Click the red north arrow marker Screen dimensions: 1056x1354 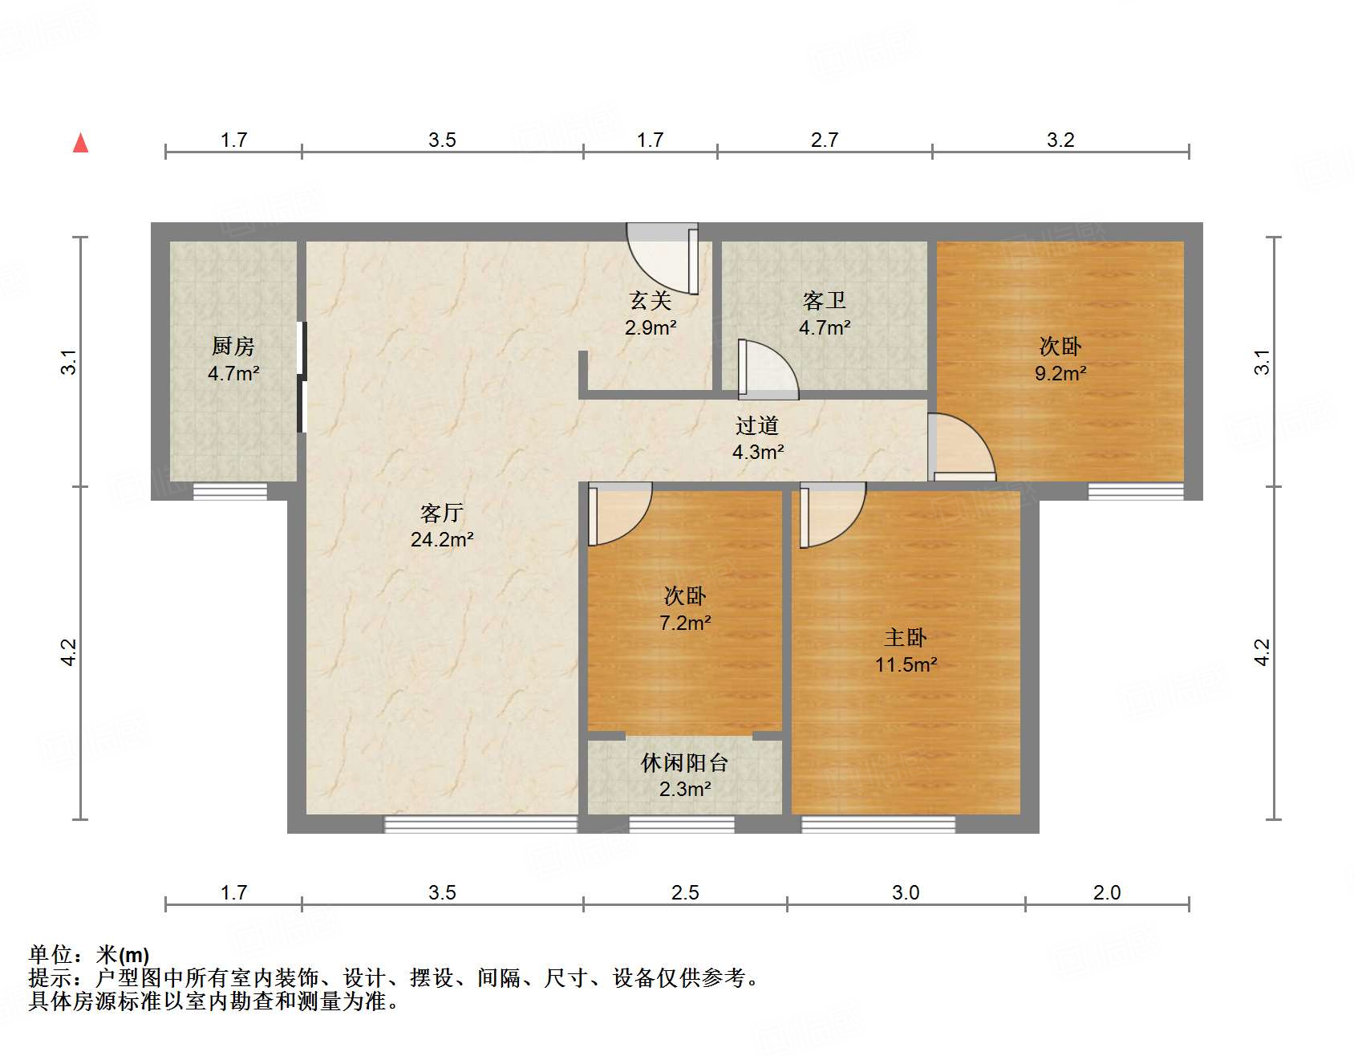pyautogui.click(x=81, y=143)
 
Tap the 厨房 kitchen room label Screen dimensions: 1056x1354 pyautogui.click(x=233, y=346)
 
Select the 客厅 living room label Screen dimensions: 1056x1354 pyautogui.click(x=442, y=512)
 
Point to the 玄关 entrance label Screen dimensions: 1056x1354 pyautogui.click(x=651, y=300)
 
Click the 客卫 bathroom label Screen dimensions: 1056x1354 pyautogui.click(x=825, y=300)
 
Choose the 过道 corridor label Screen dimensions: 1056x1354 pyautogui.click(x=757, y=425)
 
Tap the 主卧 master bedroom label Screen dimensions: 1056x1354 pyautogui.click(x=906, y=637)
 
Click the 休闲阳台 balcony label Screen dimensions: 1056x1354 pyautogui.click(x=684, y=762)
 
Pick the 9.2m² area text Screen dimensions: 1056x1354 pyautogui.click(x=1060, y=373)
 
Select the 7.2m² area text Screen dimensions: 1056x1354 pyautogui.click(x=685, y=623)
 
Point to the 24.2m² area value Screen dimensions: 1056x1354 pyautogui.click(x=442, y=539)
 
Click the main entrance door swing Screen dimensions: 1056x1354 pyautogui.click(x=664, y=258)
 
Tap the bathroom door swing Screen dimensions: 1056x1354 pyautogui.click(x=768, y=370)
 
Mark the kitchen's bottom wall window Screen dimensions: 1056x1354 pyautogui.click(x=230, y=491)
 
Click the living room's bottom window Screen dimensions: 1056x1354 pyautogui.click(x=480, y=824)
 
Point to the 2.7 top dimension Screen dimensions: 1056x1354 pyautogui.click(x=825, y=140)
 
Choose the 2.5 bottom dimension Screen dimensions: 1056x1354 pyautogui.click(x=685, y=892)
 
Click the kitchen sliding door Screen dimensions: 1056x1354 pyautogui.click(x=302, y=377)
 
